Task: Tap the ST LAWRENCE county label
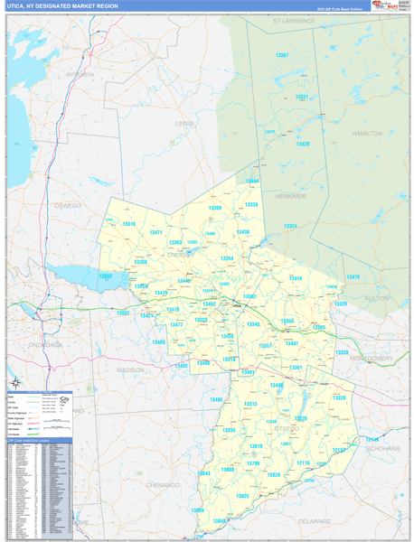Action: (295, 19)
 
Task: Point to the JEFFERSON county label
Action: (79, 74)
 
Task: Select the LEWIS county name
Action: (183, 123)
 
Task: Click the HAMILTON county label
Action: (366, 133)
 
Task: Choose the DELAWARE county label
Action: (315, 521)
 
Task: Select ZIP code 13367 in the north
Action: (282, 55)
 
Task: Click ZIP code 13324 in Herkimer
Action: (290, 226)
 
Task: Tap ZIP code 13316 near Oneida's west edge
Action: (128, 223)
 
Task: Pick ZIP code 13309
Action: (214, 208)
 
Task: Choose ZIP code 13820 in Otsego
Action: (273, 474)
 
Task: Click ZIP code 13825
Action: (242, 496)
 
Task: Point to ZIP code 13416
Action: (296, 278)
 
